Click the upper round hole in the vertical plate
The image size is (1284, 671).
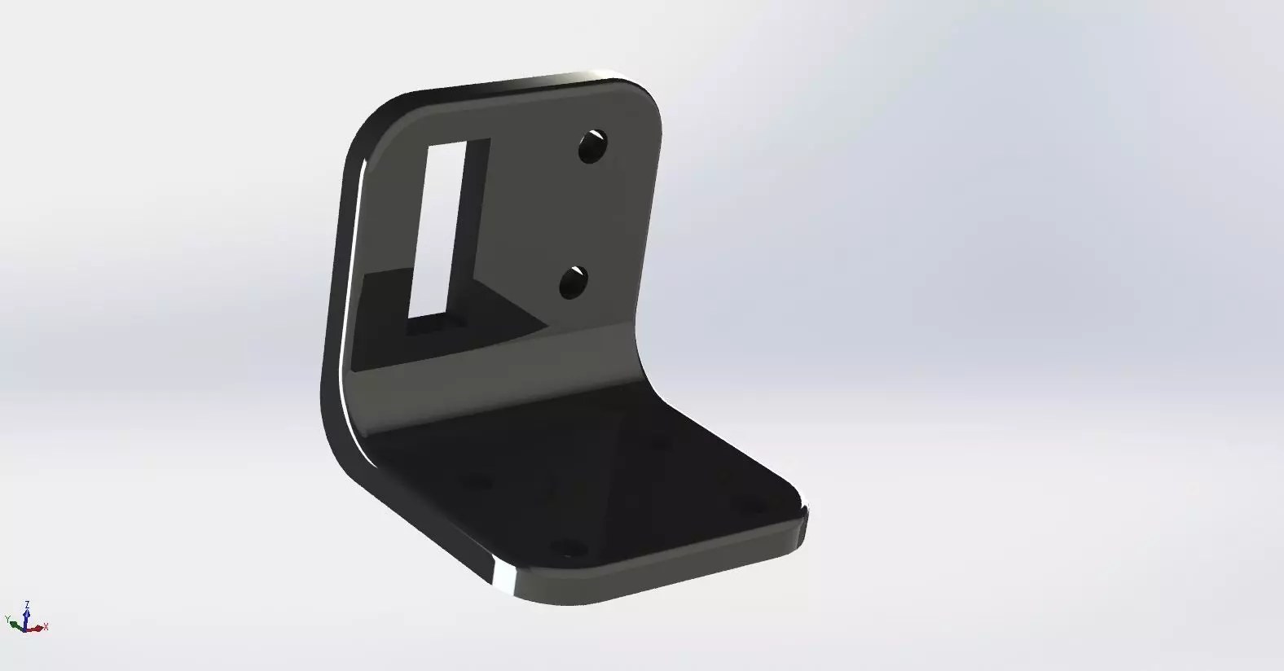point(593,147)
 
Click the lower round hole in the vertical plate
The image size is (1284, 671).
point(575,283)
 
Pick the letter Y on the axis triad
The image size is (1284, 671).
point(8,618)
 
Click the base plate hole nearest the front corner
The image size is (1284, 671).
point(569,548)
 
